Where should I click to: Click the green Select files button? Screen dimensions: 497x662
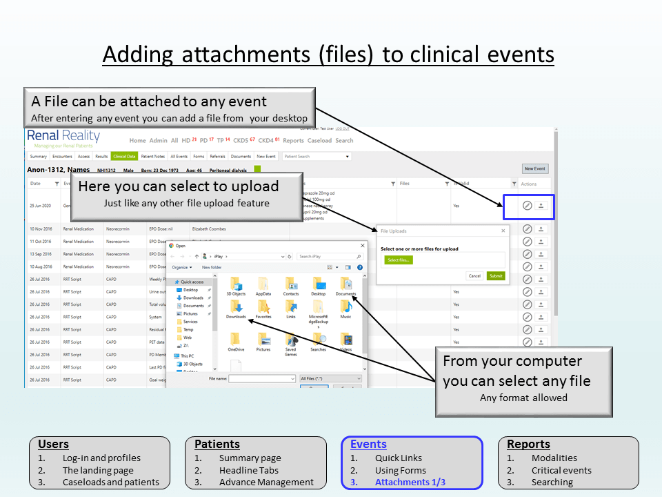point(399,260)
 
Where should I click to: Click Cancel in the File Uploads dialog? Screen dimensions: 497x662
point(474,275)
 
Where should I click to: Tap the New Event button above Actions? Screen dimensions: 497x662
point(534,168)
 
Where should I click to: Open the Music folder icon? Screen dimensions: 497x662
point(345,304)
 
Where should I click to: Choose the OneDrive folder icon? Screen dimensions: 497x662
point(236,340)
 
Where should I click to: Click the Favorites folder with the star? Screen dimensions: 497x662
point(263,304)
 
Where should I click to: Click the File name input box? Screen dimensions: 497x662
point(262,378)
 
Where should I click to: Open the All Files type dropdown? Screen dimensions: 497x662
point(330,378)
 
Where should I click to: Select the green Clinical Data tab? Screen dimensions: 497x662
point(125,157)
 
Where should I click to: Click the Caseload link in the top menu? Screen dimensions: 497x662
point(319,141)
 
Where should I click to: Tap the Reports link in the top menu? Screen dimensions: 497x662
point(293,141)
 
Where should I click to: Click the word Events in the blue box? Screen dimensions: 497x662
point(368,445)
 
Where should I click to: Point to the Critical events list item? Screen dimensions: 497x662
point(561,470)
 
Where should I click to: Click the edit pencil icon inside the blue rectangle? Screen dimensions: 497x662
point(527,206)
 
